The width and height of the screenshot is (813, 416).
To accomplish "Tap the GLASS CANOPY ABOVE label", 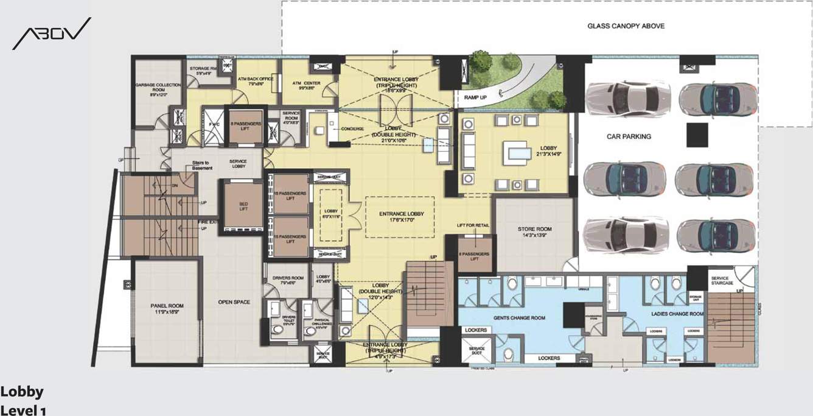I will [x=626, y=26].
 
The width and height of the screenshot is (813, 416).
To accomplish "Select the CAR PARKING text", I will [x=629, y=136].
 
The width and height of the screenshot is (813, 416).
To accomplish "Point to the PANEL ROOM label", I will [x=167, y=309].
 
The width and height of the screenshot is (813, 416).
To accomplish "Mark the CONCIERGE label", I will [x=353, y=129].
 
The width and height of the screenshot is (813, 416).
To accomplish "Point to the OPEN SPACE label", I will [x=234, y=302].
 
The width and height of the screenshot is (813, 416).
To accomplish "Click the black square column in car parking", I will [x=697, y=135].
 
